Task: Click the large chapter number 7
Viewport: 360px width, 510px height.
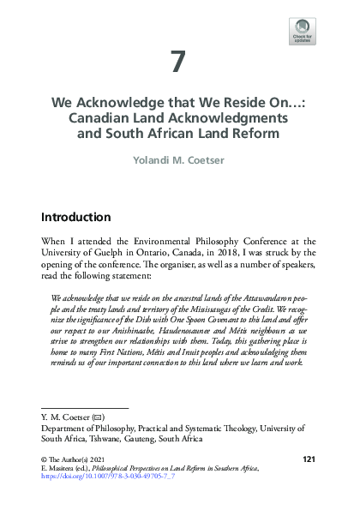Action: pyautogui.click(x=178, y=63)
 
